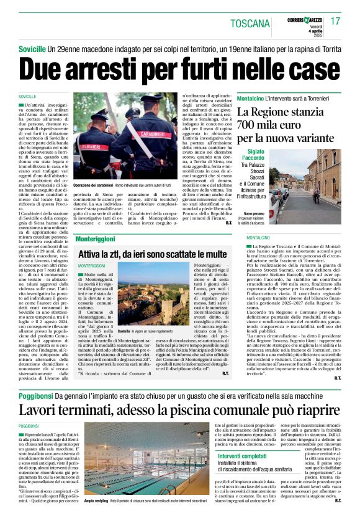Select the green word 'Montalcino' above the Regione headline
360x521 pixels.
point(251,99)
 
